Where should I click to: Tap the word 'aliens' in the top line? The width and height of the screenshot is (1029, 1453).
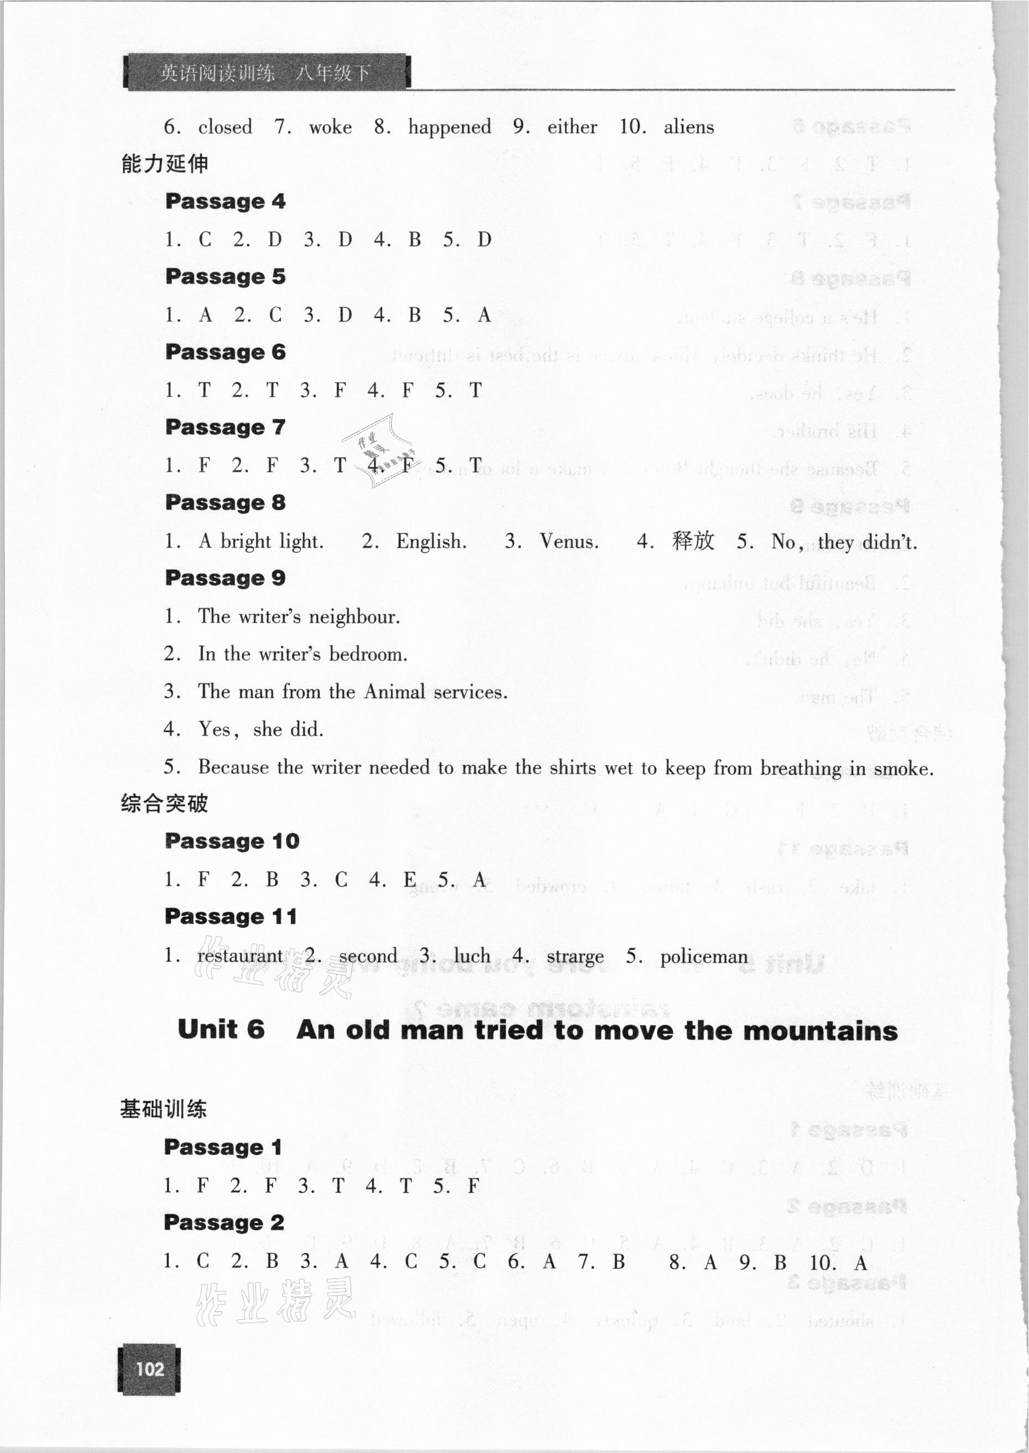tap(689, 127)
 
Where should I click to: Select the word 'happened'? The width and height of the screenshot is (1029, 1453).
tap(449, 127)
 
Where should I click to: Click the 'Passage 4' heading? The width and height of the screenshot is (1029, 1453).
tap(225, 201)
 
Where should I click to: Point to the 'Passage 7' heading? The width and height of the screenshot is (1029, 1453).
tap(225, 427)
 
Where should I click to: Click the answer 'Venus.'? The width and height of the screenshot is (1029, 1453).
tap(568, 541)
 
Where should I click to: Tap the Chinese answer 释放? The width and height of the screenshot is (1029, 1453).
tap(693, 541)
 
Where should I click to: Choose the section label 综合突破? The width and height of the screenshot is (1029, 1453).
tap(164, 804)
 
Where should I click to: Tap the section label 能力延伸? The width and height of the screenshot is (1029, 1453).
tap(164, 164)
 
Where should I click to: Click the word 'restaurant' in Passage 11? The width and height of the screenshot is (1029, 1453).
tap(240, 956)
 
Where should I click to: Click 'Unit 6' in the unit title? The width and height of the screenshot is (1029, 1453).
tap(221, 1031)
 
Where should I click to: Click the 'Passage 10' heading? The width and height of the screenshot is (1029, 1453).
tap(231, 841)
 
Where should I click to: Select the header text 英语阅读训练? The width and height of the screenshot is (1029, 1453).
tap(217, 74)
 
